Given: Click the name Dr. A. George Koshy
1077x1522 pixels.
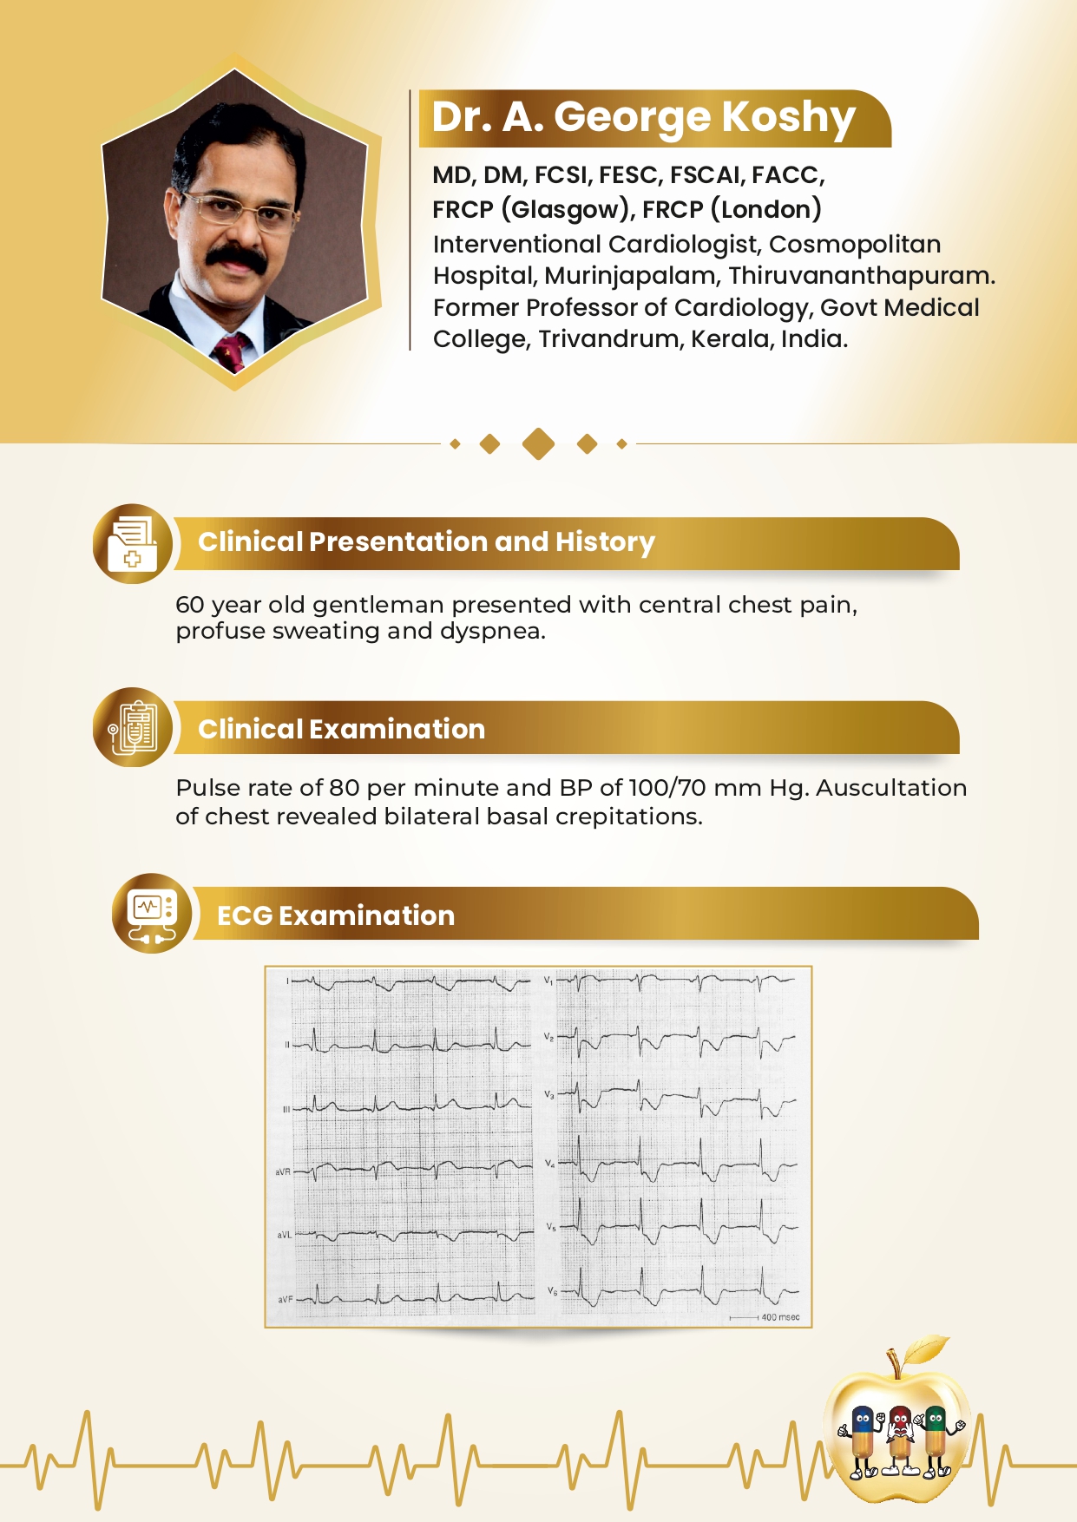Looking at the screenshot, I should [x=643, y=117].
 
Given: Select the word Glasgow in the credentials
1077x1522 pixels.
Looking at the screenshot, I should [x=562, y=210].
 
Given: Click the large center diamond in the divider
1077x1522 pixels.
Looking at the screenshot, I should [x=538, y=443].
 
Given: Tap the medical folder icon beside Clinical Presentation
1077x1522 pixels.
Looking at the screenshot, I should [x=132, y=544].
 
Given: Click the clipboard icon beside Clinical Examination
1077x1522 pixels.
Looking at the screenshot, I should [x=132, y=727].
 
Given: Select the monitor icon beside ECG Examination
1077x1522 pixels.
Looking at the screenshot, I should [x=151, y=914].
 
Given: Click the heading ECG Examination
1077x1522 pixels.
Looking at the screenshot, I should [x=336, y=915].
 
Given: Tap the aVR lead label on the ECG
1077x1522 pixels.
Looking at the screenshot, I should [x=283, y=1172].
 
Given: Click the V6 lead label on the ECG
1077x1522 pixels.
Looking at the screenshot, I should [x=552, y=1291].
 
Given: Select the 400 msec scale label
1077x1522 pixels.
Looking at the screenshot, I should [x=779, y=1317].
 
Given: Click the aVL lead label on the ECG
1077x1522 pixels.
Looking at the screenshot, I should [x=284, y=1235].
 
